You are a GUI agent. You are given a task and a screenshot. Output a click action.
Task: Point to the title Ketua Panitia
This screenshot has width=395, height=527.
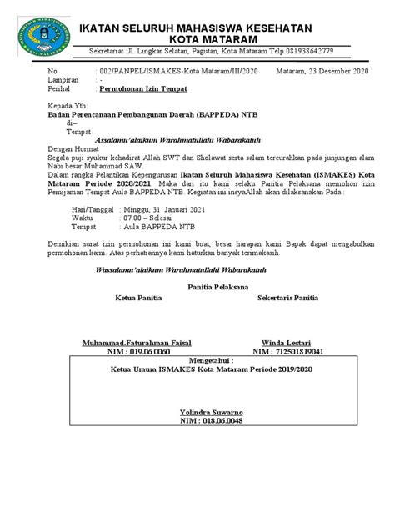pos(139,298)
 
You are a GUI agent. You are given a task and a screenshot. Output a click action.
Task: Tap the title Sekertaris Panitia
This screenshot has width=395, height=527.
pos(288,298)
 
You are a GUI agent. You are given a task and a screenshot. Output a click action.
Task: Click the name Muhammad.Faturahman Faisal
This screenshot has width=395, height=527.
pos(137,343)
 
